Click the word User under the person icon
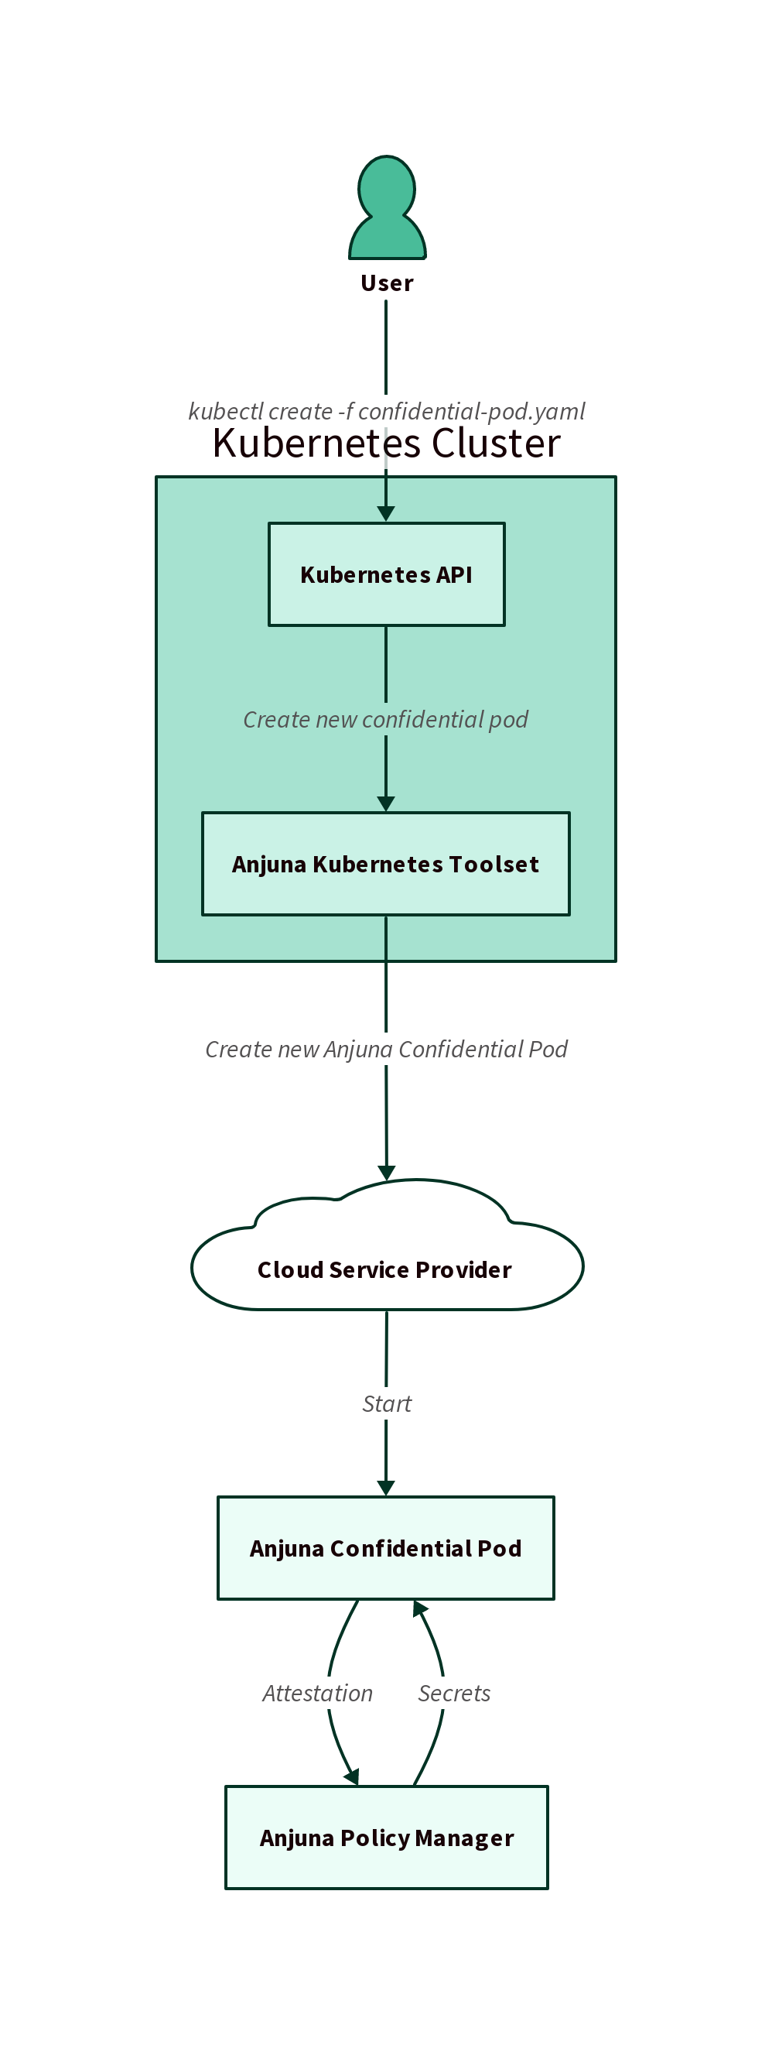click(388, 283)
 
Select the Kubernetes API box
click(387, 574)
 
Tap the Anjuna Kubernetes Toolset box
click(385, 864)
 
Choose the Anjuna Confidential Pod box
click(385, 1548)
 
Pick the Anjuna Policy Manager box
click(387, 1838)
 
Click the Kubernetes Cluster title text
click(387, 443)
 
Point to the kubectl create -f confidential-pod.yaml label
click(387, 411)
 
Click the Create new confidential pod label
click(385, 719)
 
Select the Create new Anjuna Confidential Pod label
click(387, 1050)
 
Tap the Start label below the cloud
click(387, 1403)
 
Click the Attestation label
click(317, 1694)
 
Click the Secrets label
click(454, 1694)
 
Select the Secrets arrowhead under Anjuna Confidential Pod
click(419, 1609)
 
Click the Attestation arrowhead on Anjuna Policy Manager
click(352, 1776)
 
